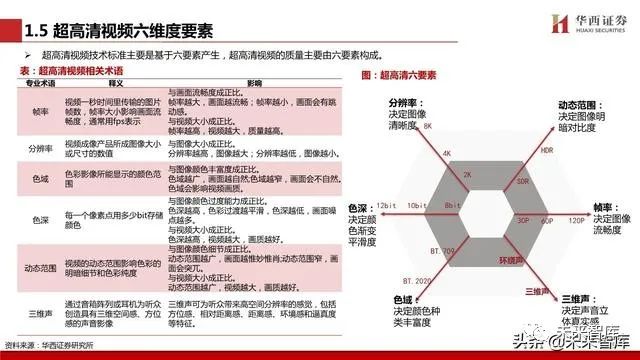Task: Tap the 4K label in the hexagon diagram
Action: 447,154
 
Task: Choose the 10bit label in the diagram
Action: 417,204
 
